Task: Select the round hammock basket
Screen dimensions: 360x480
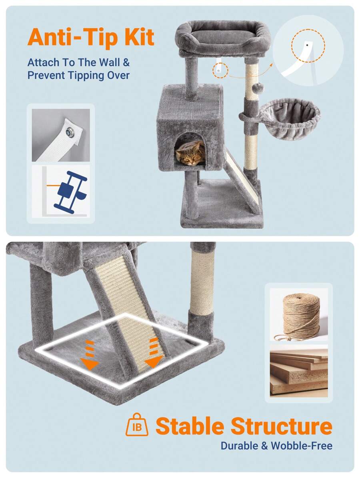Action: pos(289,119)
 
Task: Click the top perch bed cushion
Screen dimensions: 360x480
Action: pos(223,34)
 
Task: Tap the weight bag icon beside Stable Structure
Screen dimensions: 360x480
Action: pos(137,425)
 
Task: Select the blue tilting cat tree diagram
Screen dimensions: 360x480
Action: pos(70,192)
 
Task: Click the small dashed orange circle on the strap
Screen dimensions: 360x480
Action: pos(220,70)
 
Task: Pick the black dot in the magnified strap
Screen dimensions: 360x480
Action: pos(307,45)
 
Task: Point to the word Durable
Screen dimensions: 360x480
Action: pos(239,446)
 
